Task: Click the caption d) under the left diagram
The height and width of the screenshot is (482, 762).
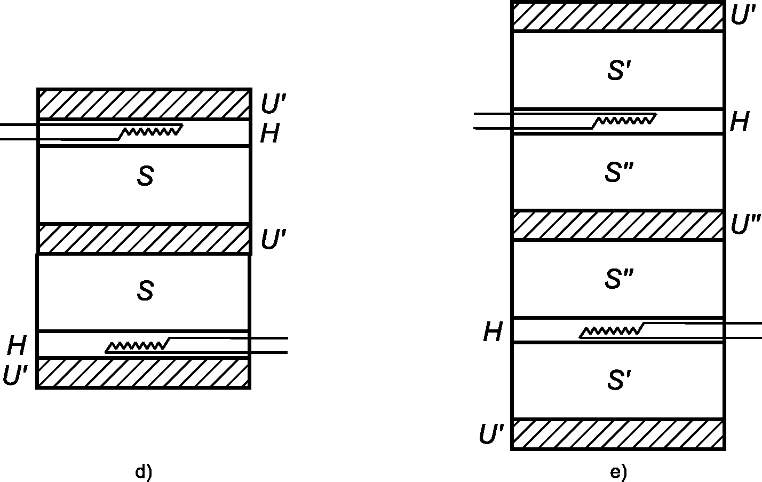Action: [x=144, y=472]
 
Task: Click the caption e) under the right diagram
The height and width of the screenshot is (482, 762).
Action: [x=618, y=472]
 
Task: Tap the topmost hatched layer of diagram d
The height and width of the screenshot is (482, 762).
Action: [x=144, y=104]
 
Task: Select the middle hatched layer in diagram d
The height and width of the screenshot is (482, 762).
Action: [x=144, y=239]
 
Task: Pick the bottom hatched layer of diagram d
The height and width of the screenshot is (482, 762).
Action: [x=144, y=373]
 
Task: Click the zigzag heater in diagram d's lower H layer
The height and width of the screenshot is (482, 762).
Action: [x=137, y=346]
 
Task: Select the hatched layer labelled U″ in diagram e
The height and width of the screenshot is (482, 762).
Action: [x=618, y=225]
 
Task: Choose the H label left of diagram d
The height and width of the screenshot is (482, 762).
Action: [x=17, y=346]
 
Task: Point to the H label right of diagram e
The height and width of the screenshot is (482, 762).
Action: [x=739, y=122]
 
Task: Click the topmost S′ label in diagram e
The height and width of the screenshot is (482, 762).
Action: [x=619, y=70]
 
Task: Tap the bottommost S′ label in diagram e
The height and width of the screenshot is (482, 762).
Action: [x=619, y=380]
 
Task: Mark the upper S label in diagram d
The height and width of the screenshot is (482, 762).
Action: [x=145, y=177]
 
